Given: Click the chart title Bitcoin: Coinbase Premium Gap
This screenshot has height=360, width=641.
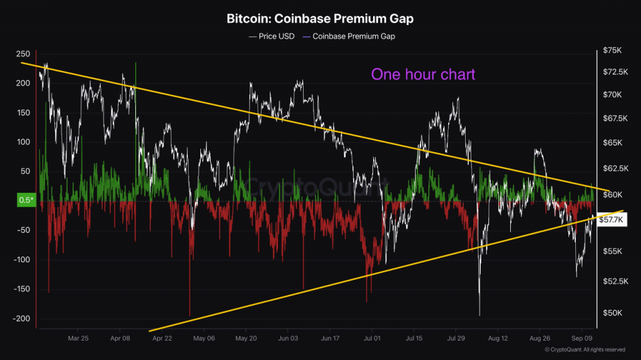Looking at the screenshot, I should click(x=320, y=19).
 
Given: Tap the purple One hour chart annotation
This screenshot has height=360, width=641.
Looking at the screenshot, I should click(x=423, y=75).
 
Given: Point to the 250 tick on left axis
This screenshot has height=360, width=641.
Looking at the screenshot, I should click(x=23, y=54).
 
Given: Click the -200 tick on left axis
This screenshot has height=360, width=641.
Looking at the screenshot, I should click(x=22, y=319).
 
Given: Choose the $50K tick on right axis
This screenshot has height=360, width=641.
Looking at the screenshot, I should click(x=614, y=313).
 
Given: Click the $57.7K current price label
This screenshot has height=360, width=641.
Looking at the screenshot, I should click(x=612, y=220).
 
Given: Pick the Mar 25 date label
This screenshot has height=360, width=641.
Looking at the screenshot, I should click(x=78, y=338).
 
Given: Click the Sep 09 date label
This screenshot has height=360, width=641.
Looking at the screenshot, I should click(x=582, y=338).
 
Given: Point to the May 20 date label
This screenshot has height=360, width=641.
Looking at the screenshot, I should click(x=246, y=338).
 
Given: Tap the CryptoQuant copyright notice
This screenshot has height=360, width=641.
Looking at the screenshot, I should click(x=585, y=349).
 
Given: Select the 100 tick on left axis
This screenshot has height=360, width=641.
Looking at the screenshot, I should click(x=23, y=142).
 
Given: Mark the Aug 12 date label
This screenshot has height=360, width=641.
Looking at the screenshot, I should click(x=498, y=338).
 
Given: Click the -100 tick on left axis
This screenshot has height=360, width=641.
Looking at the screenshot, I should click(x=22, y=260).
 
